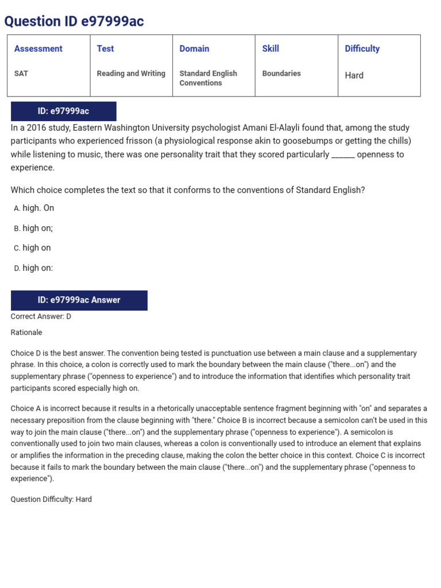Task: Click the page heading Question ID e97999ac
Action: click(x=74, y=22)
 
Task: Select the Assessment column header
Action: click(x=38, y=49)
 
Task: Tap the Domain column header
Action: click(x=194, y=49)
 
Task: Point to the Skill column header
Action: click(x=270, y=49)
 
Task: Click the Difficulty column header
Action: click(x=362, y=49)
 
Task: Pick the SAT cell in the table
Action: click(x=21, y=73)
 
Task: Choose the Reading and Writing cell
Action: click(x=131, y=73)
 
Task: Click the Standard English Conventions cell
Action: click(x=208, y=78)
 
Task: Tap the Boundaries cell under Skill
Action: click(x=281, y=73)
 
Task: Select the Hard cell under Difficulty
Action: click(x=354, y=75)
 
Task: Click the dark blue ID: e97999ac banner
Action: click(x=63, y=111)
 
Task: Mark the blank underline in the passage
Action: click(x=343, y=154)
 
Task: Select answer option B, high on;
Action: click(x=37, y=228)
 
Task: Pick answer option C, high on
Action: click(x=36, y=248)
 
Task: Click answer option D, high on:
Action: click(x=37, y=268)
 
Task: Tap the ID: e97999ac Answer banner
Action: click(x=79, y=300)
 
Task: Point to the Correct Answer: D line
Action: click(x=41, y=316)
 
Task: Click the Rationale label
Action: click(x=26, y=332)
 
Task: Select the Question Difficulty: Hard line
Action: click(x=51, y=500)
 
